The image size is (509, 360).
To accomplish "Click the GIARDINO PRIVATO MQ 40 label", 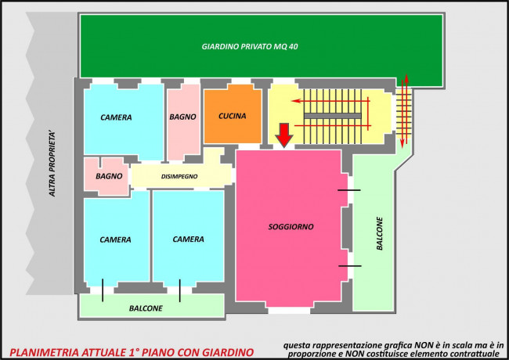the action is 250,47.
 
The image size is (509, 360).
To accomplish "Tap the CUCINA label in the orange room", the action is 232,116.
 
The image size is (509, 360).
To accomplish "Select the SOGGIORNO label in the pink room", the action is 291,227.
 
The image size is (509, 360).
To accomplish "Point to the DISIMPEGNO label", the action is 179,176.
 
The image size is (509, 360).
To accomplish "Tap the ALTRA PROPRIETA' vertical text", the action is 52,164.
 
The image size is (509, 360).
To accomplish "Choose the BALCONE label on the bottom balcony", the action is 146,308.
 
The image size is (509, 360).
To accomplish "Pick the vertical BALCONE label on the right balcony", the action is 380,233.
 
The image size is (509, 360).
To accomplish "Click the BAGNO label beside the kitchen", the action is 182,117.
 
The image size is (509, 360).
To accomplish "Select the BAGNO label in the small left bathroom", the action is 109,176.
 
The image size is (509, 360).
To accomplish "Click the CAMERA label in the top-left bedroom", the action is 116,117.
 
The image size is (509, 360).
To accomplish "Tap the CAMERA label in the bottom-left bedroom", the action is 115,239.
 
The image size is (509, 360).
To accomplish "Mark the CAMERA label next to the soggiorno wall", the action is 188,239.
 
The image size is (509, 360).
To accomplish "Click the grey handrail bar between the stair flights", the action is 332,116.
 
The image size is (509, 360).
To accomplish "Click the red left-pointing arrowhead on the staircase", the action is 296,101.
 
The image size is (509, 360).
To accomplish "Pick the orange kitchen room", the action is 233,113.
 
